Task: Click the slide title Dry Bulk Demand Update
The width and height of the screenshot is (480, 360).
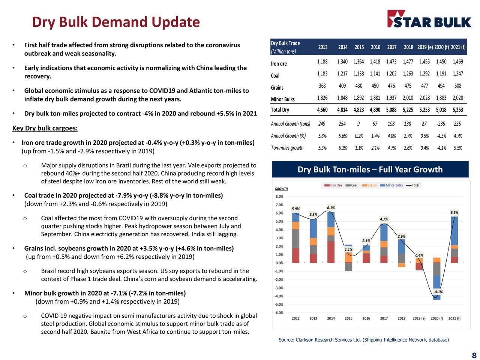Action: pos(116,22)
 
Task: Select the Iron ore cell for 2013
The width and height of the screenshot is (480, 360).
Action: pos(322,61)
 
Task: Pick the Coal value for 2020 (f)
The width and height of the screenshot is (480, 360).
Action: pos(441,74)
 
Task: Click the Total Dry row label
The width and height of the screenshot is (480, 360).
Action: pos(280,110)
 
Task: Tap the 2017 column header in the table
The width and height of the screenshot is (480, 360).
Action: pos(391,47)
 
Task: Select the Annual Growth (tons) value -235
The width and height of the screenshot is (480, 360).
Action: pos(441,124)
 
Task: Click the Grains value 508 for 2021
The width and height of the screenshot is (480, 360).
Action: pos(457,86)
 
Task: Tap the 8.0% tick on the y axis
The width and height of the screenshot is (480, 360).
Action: pos(279,196)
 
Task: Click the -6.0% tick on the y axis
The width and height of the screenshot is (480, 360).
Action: pos(279,313)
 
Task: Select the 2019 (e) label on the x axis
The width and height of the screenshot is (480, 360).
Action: pos(419,318)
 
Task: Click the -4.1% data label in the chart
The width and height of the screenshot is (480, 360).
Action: pos(438,292)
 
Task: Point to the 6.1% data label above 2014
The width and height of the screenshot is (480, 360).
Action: pos(331,208)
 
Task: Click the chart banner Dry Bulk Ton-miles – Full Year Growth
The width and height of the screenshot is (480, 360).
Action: pos(370,169)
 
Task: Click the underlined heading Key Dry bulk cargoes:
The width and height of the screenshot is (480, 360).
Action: pos(45,129)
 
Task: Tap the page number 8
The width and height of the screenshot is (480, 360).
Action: pos(474,355)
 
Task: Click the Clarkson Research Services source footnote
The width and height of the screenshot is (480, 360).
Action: pos(363,340)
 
